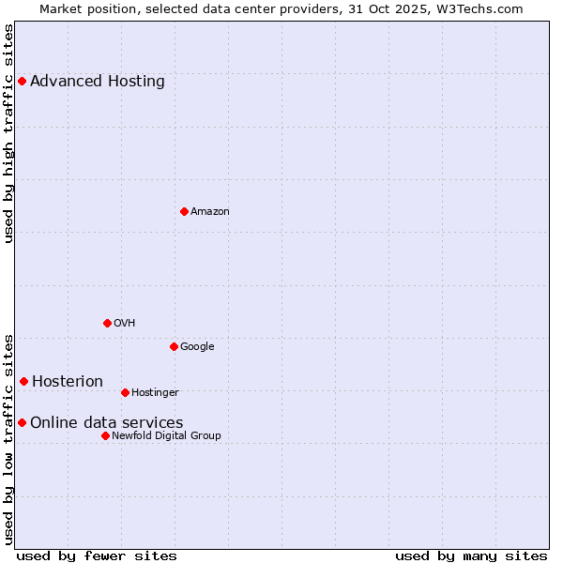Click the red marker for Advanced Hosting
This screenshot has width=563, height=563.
tap(22, 81)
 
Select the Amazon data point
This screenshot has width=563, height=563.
tap(184, 211)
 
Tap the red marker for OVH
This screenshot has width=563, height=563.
tap(107, 323)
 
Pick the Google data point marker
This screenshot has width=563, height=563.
tap(174, 346)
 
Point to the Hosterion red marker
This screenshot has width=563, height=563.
tap(23, 381)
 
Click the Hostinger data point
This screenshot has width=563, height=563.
tap(125, 392)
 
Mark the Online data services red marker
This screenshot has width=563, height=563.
tap(22, 422)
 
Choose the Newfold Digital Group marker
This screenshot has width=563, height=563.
tap(105, 435)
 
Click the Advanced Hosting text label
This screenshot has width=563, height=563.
tap(98, 81)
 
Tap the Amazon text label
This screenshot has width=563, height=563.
tap(210, 211)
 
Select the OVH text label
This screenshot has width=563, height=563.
tap(125, 323)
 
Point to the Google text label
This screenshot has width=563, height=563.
tap(197, 346)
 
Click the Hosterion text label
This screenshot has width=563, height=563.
tap(68, 381)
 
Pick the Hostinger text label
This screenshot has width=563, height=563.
tap(155, 392)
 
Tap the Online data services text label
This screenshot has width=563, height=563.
tap(107, 422)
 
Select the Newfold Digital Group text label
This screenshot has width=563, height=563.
tap(166, 435)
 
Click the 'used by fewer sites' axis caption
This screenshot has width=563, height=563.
tap(97, 555)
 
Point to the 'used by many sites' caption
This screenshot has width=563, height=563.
tap(471, 555)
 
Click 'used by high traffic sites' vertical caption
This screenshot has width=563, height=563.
tap(9, 133)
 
